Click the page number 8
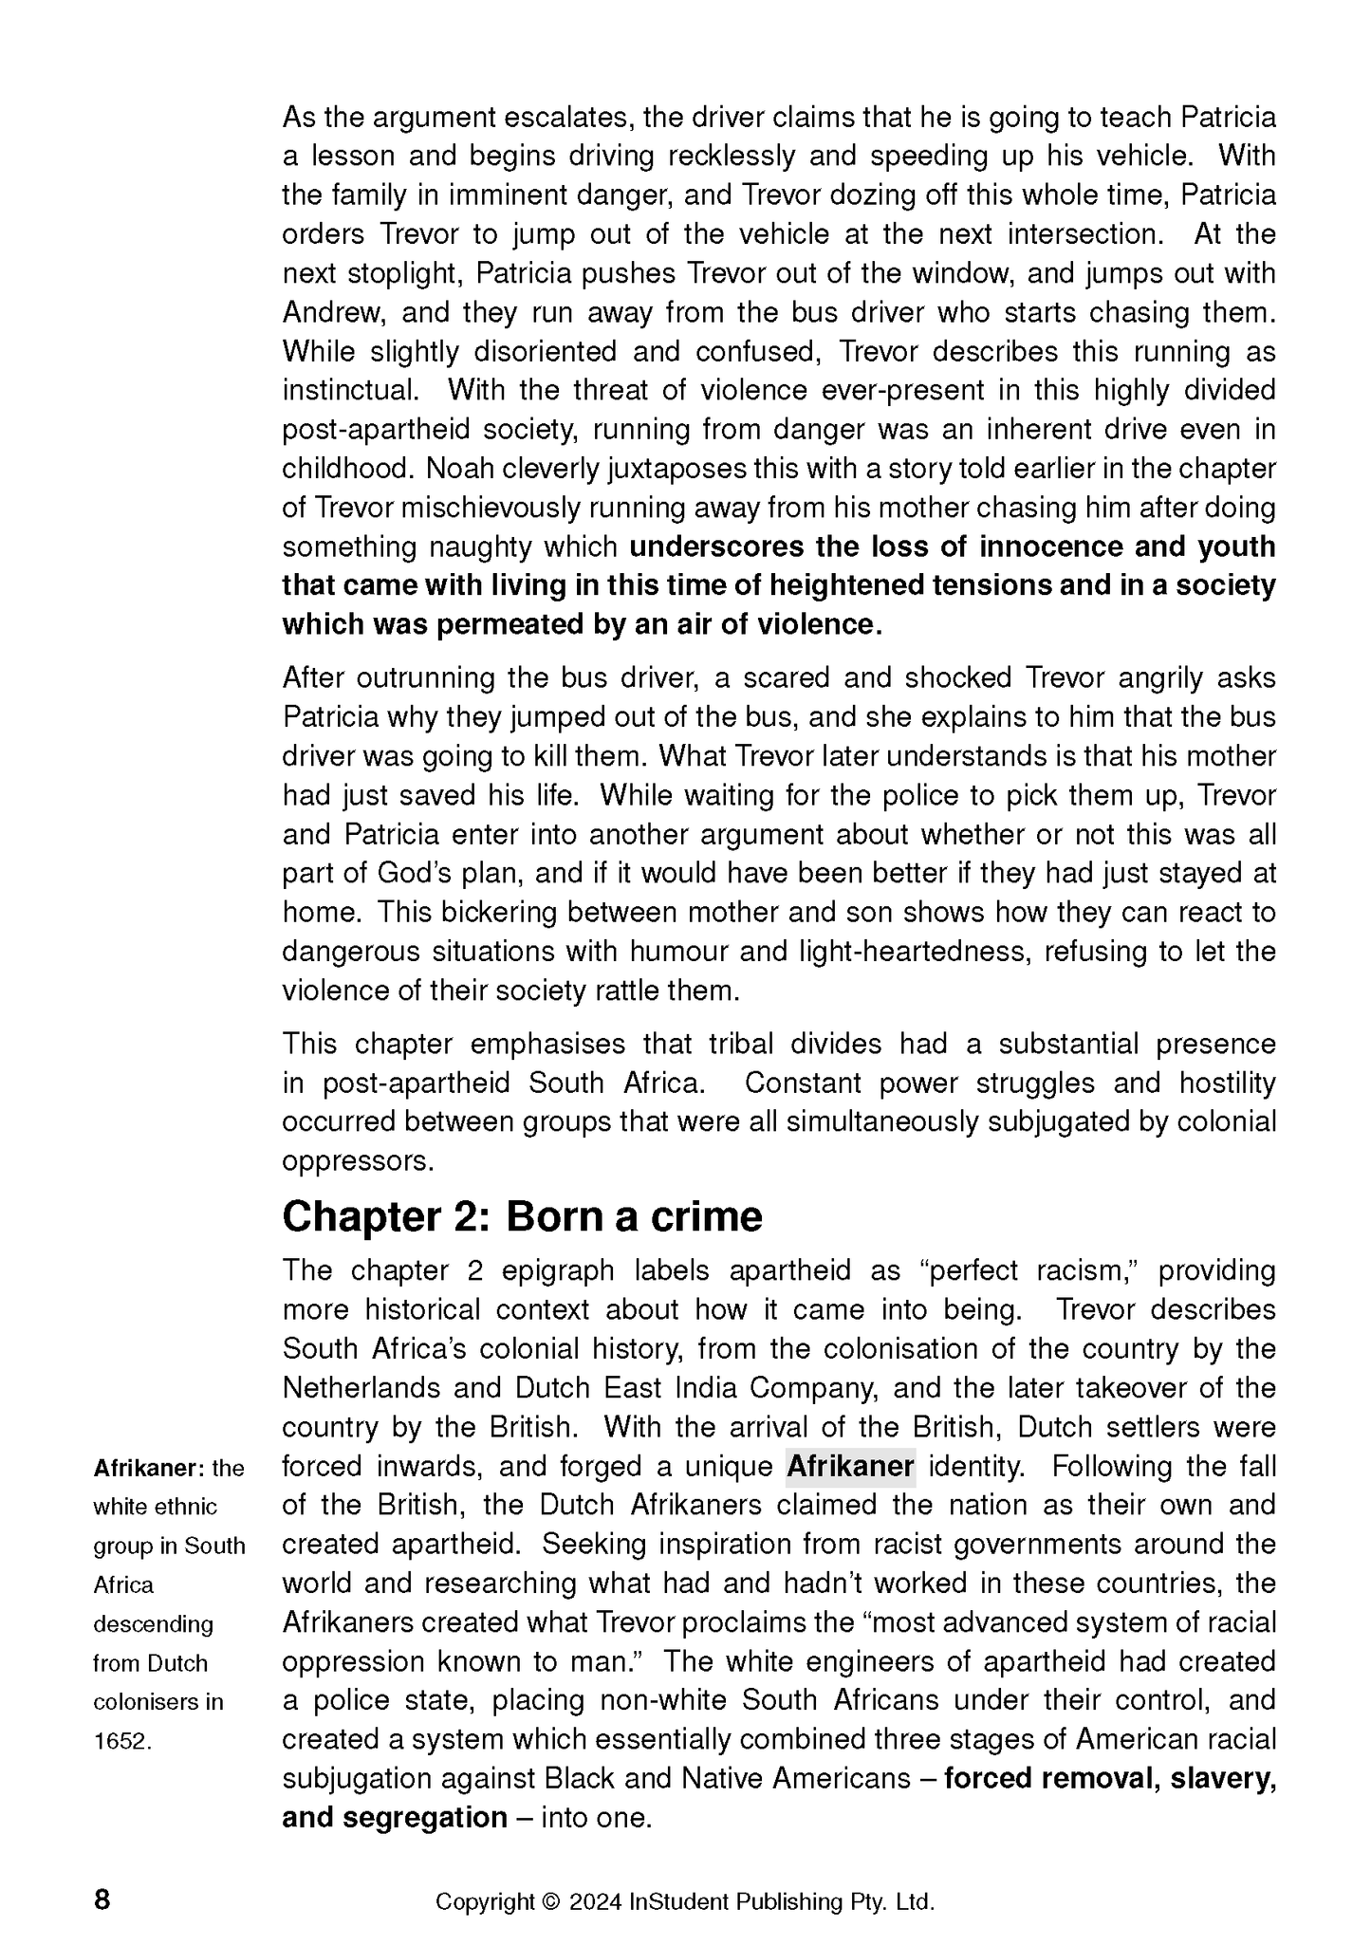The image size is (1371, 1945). tap(102, 1900)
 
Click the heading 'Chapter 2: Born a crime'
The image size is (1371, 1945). tap(522, 1216)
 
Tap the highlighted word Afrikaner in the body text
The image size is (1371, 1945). tap(850, 1467)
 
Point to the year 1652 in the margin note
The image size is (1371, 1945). tap(121, 1741)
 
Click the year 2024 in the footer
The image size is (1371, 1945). tap(596, 1902)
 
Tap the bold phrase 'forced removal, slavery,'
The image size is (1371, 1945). tap(1110, 1779)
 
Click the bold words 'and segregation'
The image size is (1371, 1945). tap(395, 1818)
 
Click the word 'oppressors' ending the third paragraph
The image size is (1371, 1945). tap(356, 1161)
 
